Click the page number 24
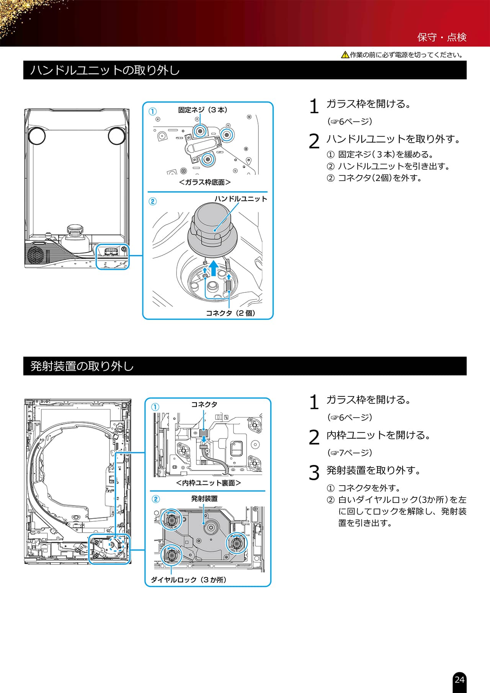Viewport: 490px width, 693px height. point(459,679)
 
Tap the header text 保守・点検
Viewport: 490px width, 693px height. point(442,37)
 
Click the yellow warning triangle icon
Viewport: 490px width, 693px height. point(345,55)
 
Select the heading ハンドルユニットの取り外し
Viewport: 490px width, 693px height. point(105,70)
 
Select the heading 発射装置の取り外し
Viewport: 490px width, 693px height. point(82,366)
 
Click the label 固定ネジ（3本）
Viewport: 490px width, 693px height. point(203,110)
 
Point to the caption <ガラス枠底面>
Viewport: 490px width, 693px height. point(205,182)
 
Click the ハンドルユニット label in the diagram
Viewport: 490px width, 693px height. point(241,199)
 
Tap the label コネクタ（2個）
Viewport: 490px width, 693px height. point(231,313)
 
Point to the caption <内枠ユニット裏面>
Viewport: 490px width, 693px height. point(209,483)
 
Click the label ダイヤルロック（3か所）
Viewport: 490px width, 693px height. point(189,580)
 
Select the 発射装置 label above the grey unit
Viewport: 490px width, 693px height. point(204,499)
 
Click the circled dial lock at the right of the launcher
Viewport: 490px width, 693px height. point(237,543)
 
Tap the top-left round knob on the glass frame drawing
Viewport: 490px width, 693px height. point(36,136)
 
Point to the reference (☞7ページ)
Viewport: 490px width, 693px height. point(350,453)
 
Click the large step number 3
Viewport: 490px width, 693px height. point(314,473)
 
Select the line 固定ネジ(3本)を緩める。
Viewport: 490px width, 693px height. point(386,155)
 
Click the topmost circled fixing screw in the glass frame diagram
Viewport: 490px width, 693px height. point(200,131)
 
